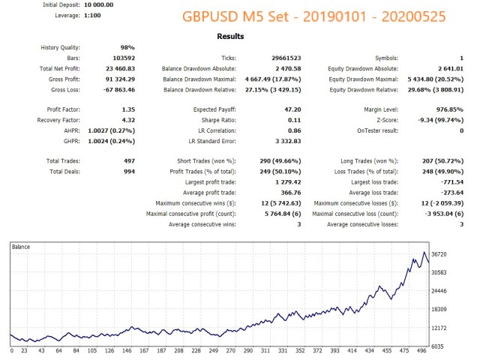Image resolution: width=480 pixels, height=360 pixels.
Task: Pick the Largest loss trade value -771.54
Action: click(449, 181)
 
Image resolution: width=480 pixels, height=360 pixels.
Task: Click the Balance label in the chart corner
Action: click(22, 247)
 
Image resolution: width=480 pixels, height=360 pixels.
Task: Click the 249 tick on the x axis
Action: click(213, 351)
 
